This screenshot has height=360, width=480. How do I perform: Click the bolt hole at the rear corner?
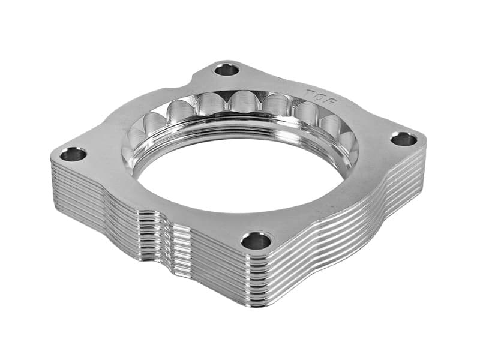coord(227,69)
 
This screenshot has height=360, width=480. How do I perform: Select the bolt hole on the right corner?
coord(403,139)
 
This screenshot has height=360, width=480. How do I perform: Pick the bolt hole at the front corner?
coord(256,241)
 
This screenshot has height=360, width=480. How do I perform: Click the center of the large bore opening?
coord(240,171)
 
